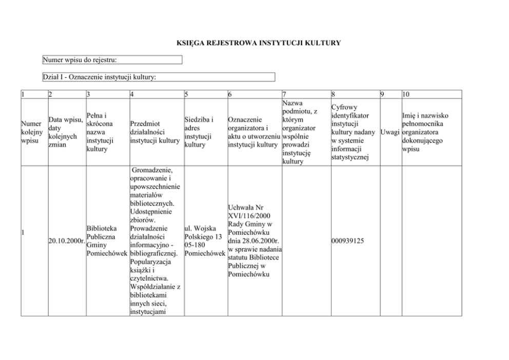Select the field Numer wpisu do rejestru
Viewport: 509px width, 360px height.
(112, 60)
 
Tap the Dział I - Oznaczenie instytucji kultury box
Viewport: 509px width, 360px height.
(159, 77)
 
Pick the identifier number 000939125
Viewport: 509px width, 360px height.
(348, 241)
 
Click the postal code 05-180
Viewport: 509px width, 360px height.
(195, 245)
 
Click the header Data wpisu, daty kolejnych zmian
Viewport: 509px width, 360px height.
(66, 132)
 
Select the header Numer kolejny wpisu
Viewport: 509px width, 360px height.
(32, 132)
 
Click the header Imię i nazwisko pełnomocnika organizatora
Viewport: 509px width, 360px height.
(425, 132)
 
